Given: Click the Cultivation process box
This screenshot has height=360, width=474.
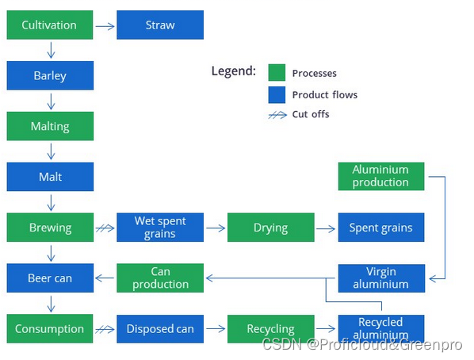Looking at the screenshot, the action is [x=50, y=25].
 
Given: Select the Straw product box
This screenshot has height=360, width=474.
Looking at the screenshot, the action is [x=160, y=25].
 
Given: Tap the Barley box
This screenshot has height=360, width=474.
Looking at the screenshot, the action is [x=50, y=75].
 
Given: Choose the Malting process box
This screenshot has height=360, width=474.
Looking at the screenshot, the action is [x=50, y=126].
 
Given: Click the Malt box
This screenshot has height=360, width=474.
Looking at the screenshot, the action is [x=50, y=177].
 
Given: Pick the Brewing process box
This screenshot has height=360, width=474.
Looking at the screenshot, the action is [x=50, y=228].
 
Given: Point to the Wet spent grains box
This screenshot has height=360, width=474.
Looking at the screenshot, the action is [x=160, y=228].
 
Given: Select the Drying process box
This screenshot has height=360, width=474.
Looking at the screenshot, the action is [x=271, y=228].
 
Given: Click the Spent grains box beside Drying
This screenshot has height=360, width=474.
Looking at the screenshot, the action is [x=381, y=228].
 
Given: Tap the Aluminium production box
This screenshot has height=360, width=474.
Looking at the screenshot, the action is [x=381, y=176].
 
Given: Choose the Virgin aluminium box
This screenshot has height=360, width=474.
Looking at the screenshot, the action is [x=381, y=278].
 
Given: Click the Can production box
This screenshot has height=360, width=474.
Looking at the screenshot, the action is [x=160, y=278].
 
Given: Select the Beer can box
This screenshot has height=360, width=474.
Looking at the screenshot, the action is [x=50, y=278].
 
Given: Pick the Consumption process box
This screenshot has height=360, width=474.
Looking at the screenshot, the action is [x=50, y=328].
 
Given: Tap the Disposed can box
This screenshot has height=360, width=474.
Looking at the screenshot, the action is [x=160, y=329].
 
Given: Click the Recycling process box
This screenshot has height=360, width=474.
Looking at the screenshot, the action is [x=271, y=329].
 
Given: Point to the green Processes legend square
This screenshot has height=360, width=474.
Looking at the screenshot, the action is [x=277, y=73].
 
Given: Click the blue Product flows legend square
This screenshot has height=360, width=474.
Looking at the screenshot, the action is [x=277, y=95].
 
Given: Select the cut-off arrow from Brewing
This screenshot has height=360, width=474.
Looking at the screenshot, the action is [x=105, y=228].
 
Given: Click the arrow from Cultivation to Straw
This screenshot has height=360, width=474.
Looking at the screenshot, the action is [x=105, y=26].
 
